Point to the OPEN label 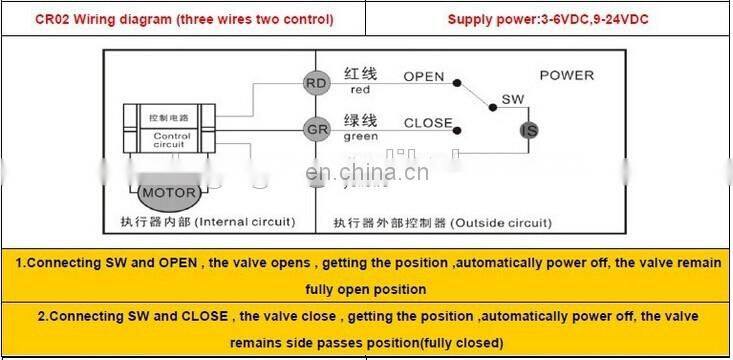424,77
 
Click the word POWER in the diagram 566,76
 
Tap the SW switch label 512,100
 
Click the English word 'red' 360,91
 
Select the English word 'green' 361,138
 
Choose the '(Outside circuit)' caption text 501,222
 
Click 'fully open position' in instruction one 366,290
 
